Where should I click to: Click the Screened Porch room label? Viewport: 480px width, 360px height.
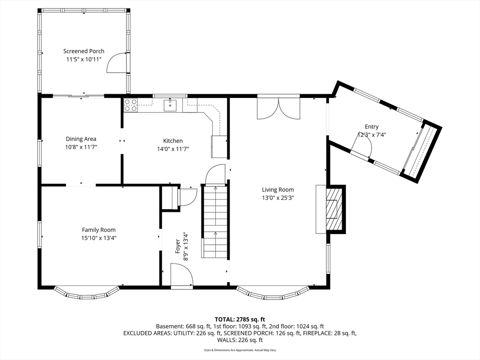pos(83,51)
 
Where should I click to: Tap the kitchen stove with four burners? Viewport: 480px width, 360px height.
pos(131,105)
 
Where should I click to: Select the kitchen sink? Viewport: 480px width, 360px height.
pos(170,105)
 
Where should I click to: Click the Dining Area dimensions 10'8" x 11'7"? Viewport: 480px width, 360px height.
pos(81,147)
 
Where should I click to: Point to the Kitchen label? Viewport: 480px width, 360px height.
pos(172,141)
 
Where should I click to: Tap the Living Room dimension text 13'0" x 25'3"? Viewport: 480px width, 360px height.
pos(277,198)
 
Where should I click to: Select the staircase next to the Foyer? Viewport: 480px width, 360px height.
pos(215,222)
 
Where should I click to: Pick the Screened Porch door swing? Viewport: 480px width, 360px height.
pos(117,63)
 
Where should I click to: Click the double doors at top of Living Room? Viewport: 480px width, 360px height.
pos(278,107)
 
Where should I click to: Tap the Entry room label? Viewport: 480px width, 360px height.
pos(372,127)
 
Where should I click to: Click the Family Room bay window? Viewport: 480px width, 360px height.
pos(87,293)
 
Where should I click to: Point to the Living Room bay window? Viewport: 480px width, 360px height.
pos(272,293)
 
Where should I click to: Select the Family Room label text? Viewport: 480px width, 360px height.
pos(98,230)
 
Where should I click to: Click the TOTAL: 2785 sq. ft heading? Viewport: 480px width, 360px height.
pos(240,320)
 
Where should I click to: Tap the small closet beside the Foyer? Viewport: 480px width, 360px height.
pos(170,198)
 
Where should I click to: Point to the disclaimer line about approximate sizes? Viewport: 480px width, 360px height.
pos(240,350)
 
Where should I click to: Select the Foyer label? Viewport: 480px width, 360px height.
pos(178,246)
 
